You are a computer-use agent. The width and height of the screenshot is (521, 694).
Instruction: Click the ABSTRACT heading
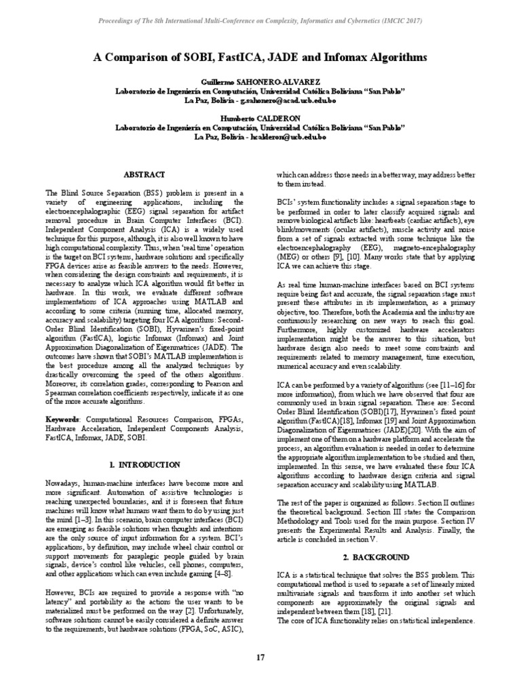coord(146,174)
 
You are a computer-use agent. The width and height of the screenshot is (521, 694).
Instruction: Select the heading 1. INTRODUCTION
coord(145,465)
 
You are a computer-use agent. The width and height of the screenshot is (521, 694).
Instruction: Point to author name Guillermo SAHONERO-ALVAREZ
coord(260,81)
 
